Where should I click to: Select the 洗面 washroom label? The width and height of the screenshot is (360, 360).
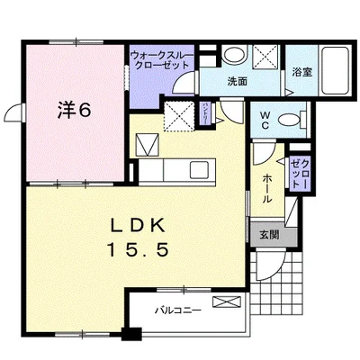tap(238, 80)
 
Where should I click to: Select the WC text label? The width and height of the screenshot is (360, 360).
tap(268, 119)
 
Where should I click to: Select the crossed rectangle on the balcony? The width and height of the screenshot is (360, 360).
tap(227, 300)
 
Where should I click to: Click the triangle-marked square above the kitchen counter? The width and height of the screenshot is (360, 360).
tap(147, 143)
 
